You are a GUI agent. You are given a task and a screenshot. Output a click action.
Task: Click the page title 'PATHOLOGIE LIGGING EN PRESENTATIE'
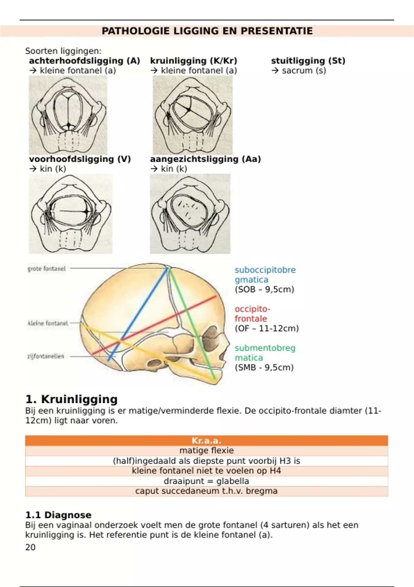click(207, 31)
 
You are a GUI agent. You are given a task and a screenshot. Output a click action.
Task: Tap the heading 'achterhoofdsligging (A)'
click(85, 61)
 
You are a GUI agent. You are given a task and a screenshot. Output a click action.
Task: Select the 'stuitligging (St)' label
click(308, 61)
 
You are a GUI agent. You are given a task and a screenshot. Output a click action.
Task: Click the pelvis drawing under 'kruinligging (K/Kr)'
click(193, 115)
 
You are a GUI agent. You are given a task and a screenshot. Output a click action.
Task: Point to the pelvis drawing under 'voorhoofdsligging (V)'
click(71, 214)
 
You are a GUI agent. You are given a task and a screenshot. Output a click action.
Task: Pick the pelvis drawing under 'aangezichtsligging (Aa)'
click(190, 214)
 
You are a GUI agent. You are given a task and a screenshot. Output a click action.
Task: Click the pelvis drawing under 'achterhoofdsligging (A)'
click(68, 115)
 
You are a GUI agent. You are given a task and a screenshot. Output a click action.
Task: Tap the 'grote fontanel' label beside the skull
click(47, 268)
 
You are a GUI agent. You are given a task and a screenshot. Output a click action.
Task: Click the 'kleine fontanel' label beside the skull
click(48, 323)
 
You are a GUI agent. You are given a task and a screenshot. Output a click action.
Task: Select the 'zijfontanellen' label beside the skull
click(46, 356)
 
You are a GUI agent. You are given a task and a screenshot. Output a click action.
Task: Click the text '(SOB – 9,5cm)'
click(264, 289)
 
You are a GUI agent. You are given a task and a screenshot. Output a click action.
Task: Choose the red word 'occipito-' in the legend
click(252, 309)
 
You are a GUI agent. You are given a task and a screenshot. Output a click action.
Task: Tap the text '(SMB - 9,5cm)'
click(264, 367)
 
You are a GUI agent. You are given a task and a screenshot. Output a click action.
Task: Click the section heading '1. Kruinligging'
click(71, 399)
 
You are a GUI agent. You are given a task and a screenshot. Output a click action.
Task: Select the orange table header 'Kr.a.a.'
click(206, 441)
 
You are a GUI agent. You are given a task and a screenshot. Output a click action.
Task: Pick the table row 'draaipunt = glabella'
click(206, 481)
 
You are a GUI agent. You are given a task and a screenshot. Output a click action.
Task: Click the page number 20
click(30, 547)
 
